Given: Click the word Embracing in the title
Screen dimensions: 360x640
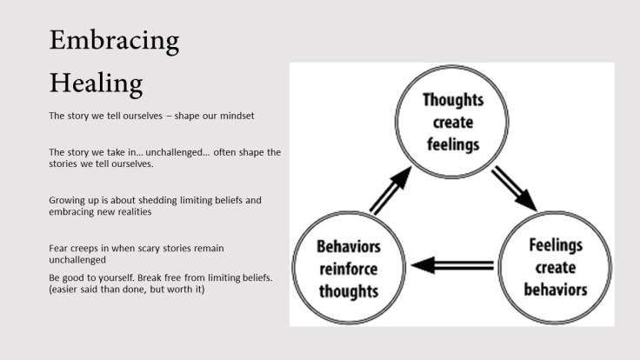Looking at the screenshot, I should point(114,40).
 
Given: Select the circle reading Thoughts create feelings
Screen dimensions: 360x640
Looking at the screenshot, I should point(452,122).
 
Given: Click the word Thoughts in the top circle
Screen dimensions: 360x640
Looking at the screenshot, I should point(452,101).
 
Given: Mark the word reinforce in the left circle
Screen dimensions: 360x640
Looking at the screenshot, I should point(347,270).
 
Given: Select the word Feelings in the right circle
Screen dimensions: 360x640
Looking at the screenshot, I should point(557,245).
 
